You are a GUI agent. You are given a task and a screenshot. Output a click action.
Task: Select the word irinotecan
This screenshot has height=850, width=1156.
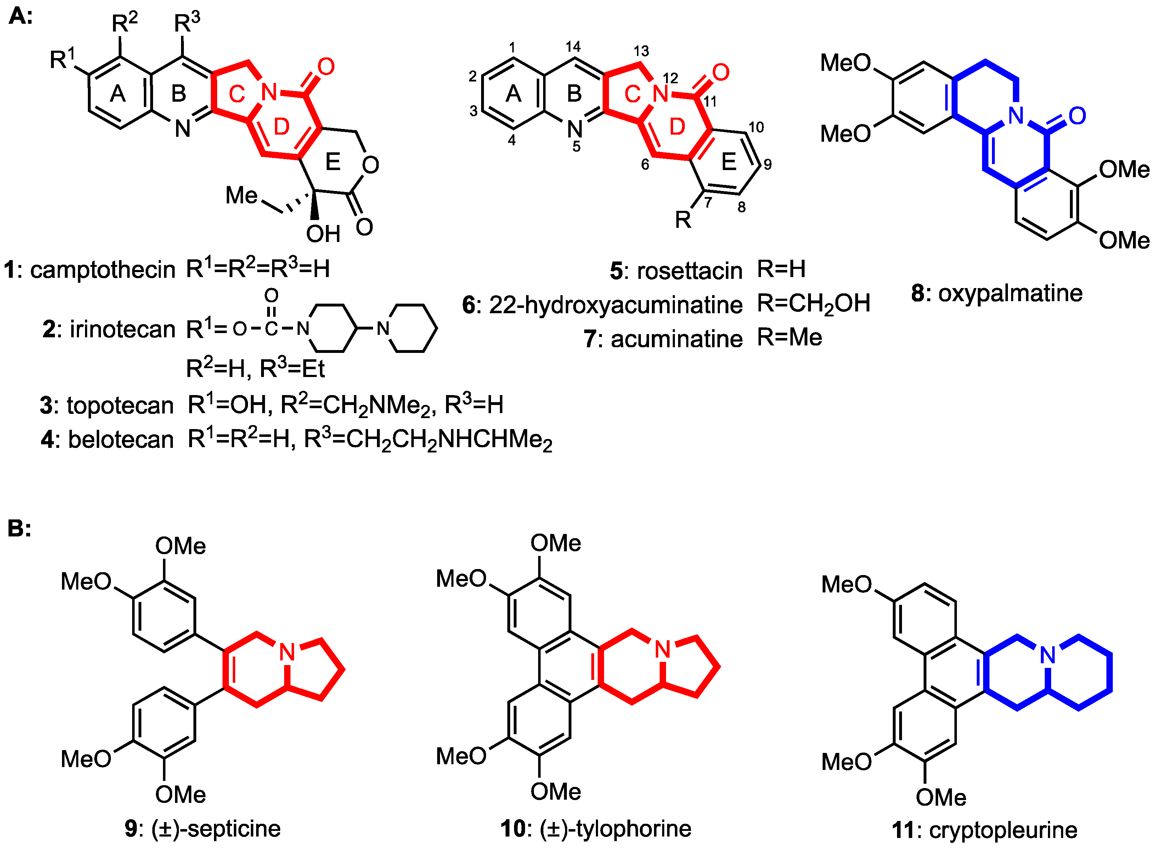[x=123, y=329]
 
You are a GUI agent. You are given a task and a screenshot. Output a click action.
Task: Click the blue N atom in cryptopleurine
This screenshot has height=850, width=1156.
[x=1048, y=655]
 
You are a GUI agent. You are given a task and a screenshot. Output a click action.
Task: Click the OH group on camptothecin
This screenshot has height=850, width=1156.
[x=323, y=234]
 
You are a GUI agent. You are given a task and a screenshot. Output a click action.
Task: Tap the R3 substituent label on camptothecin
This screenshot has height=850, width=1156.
[x=187, y=22]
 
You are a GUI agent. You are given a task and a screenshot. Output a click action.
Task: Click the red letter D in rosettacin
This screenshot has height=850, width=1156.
[x=677, y=126]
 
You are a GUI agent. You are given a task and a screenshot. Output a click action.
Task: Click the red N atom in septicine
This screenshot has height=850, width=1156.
[x=287, y=652]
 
